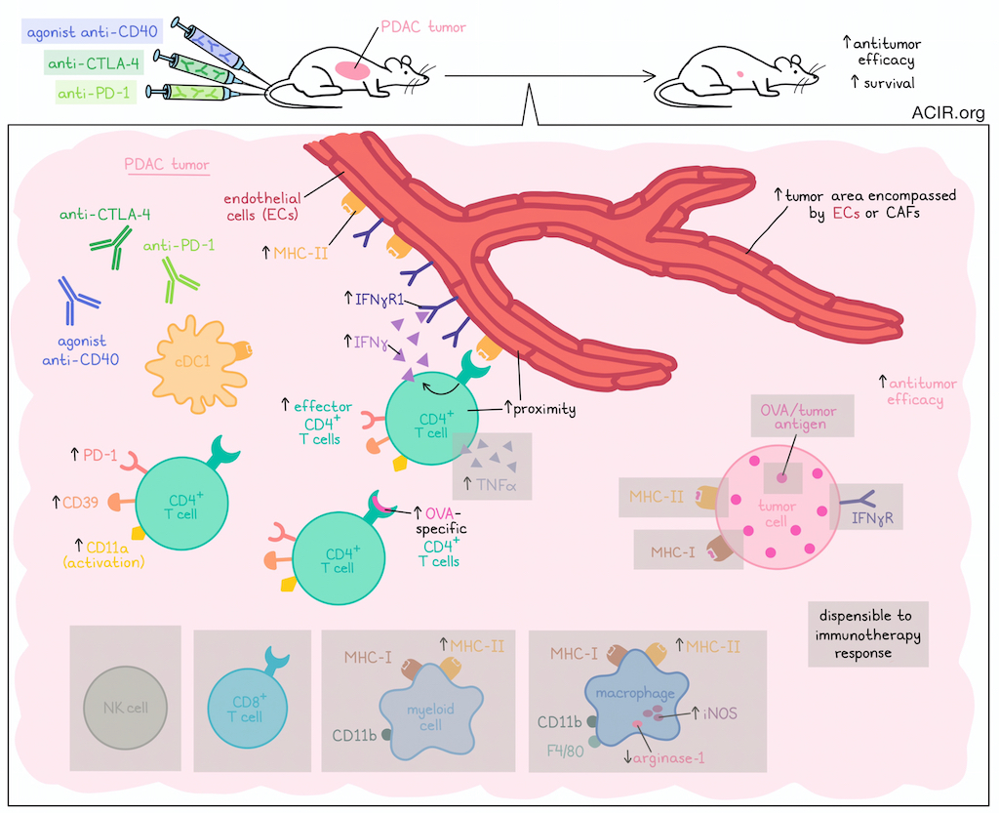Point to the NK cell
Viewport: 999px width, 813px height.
[x=124, y=707]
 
